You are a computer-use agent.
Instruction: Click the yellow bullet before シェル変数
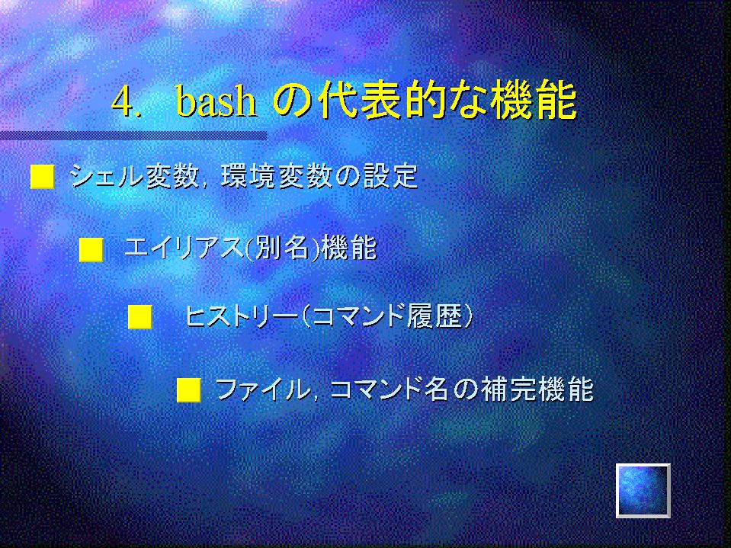tap(43, 177)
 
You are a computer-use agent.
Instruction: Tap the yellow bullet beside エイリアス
tap(91, 250)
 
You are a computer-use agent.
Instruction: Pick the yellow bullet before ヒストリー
tap(139, 317)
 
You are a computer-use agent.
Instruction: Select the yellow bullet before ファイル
tap(189, 390)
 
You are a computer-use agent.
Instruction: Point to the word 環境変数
tap(277, 177)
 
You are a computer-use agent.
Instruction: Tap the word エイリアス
tap(184, 248)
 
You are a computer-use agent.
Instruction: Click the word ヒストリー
tap(241, 316)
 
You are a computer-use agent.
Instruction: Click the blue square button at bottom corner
tap(643, 491)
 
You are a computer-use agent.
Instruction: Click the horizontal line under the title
tap(133, 136)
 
